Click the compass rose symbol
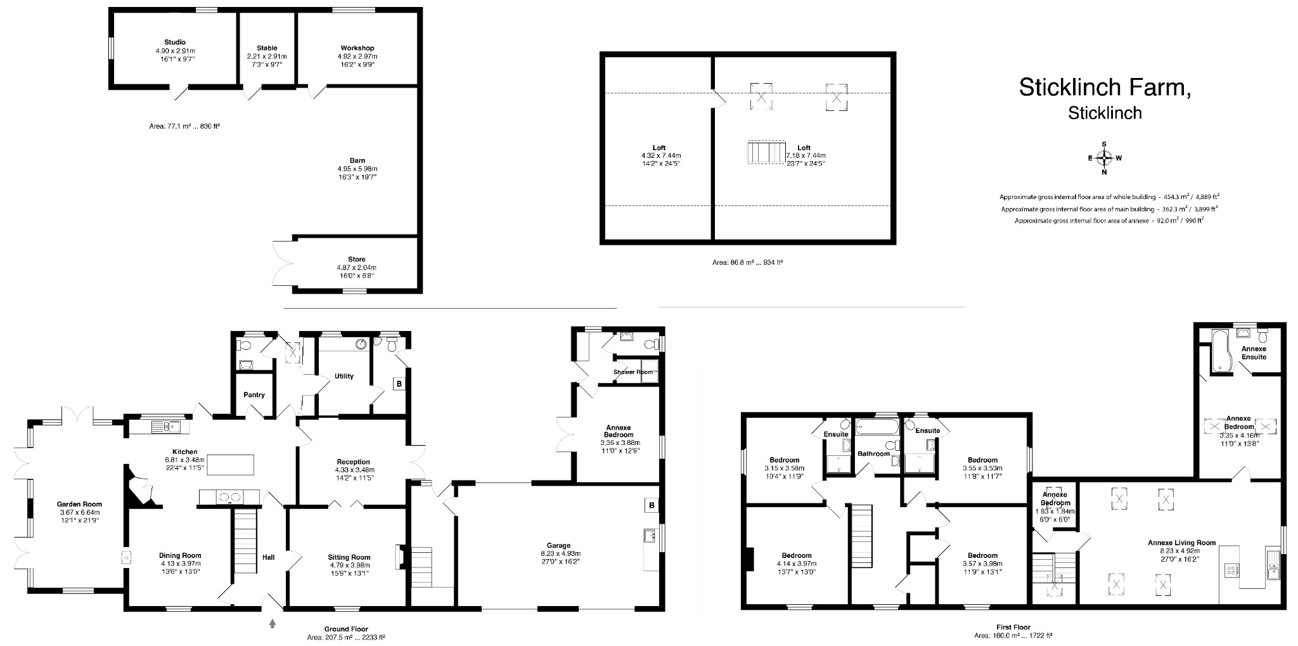1104,158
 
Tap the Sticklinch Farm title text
1104,87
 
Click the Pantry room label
254,395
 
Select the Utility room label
344,376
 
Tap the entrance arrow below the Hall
273,624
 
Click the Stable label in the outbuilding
267,48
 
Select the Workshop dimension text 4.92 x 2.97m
357,56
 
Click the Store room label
356,259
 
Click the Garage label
558,545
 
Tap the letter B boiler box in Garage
651,505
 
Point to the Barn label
357,160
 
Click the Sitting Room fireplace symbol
400,557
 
